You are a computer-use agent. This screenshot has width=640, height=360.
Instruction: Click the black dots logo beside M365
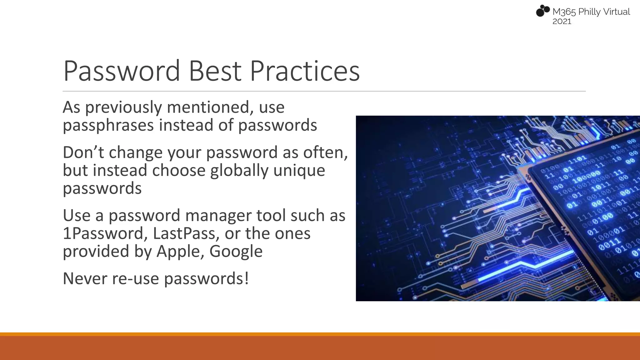(x=543, y=11)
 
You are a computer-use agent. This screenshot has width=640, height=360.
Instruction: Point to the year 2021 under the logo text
(x=562, y=22)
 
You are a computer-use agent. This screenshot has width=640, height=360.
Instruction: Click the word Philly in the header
(x=589, y=12)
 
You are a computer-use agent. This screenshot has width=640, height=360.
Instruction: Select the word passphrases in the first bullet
(x=108, y=125)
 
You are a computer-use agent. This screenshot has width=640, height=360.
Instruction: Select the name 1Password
(x=105, y=233)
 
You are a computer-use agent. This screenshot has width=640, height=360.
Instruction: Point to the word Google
(x=236, y=252)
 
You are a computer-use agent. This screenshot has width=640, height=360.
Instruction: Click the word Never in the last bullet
(x=85, y=278)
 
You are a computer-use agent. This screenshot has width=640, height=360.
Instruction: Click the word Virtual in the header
(x=616, y=12)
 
